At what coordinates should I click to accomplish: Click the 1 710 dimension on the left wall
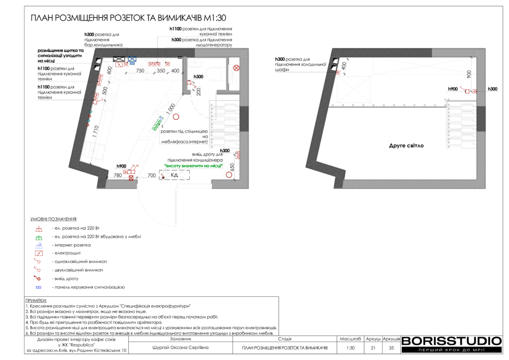[95, 131]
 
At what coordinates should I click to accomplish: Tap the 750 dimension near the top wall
[140, 71]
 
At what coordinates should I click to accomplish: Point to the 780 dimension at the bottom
[118, 176]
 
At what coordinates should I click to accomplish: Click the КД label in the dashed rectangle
[174, 176]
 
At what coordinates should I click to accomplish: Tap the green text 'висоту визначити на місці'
[193, 166]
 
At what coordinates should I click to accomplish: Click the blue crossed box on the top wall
[132, 59]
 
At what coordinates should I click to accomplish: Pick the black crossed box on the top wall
[119, 59]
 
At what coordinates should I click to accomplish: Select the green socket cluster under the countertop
[157, 124]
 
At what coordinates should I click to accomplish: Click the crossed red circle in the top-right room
[236, 68]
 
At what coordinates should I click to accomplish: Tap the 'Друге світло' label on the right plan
[406, 146]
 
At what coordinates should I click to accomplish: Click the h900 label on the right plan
[453, 89]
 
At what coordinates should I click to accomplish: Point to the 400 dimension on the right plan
[344, 66]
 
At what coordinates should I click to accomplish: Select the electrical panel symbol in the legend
[39, 253]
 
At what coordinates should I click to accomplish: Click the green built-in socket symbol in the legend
[39, 237]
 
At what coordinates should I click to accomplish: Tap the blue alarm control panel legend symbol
[39, 287]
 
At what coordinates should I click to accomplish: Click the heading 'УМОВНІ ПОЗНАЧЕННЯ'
[53, 219]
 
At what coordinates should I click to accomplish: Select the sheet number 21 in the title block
[373, 348]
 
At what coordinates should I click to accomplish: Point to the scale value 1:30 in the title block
[350, 348]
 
